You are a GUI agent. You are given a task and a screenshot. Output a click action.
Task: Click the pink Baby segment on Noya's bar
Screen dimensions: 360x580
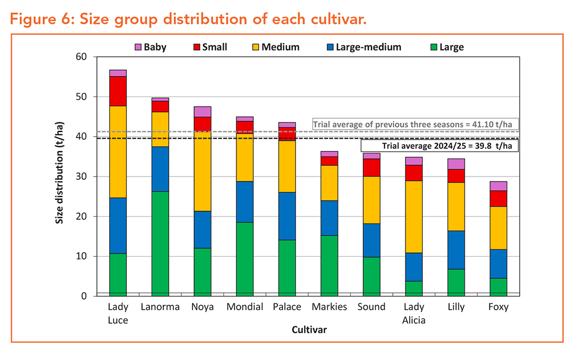pos(203,111)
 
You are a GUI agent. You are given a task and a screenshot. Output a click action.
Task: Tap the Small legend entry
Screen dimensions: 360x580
pos(209,47)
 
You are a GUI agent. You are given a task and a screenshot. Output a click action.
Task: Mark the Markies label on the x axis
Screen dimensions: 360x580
pos(329,307)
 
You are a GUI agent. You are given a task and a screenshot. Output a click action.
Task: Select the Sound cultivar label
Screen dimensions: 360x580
pos(372,307)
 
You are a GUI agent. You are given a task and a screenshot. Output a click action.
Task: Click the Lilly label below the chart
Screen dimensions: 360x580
pos(456,307)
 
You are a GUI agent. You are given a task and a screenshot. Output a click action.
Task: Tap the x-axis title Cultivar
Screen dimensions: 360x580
pos(309,330)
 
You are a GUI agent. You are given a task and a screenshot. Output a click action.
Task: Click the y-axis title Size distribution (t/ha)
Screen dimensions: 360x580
pos(60,176)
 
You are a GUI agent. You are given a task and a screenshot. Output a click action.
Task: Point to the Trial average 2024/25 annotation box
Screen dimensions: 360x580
pos(440,146)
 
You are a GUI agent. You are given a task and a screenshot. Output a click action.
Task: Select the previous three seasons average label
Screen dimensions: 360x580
pos(416,125)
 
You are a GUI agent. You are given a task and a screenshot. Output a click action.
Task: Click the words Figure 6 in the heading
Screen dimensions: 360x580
pos(43,20)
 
